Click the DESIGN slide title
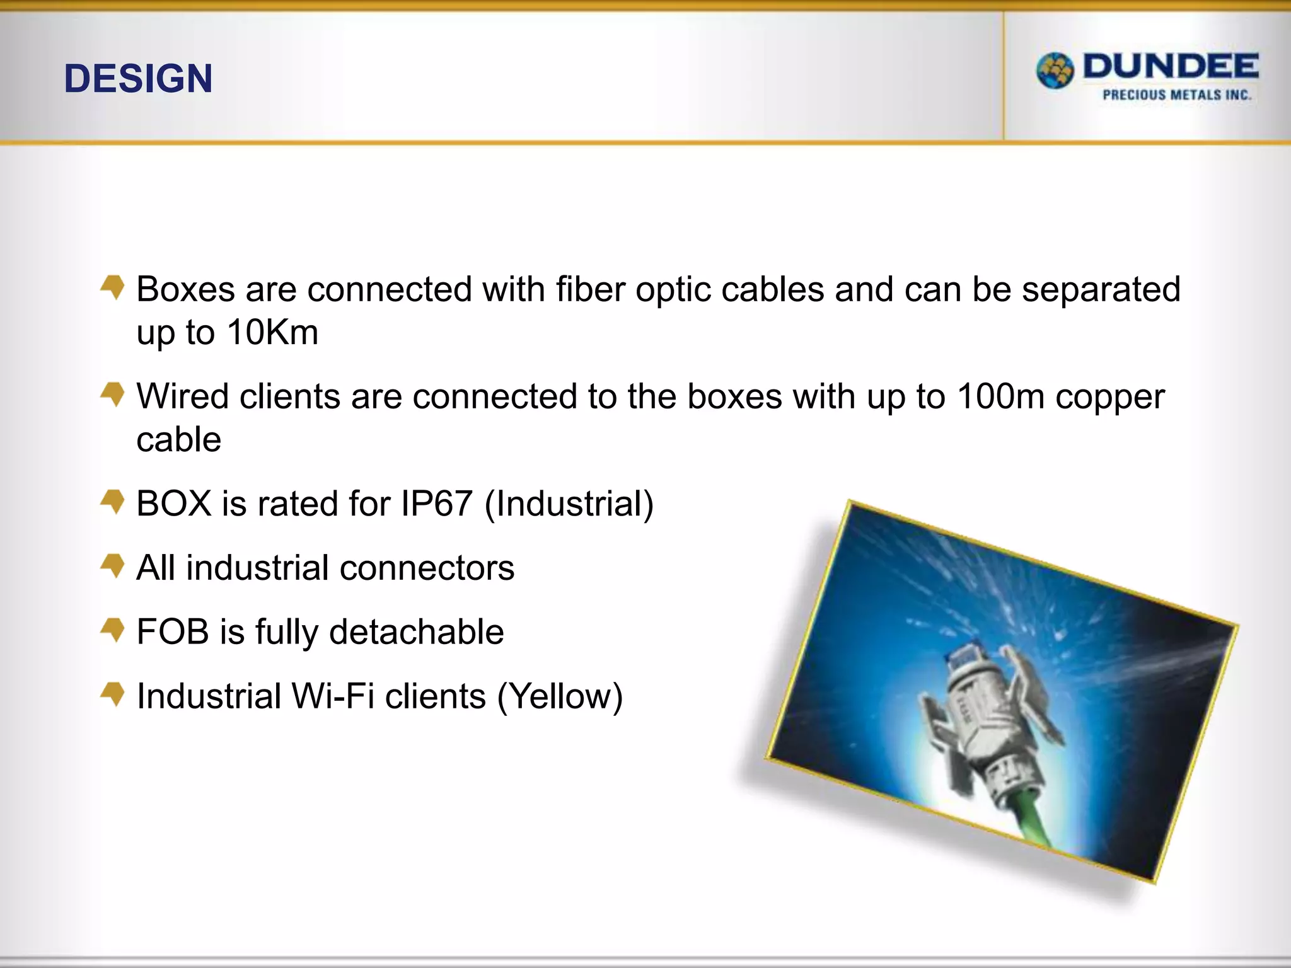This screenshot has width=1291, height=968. [x=138, y=79]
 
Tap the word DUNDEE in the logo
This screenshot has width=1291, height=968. [x=1171, y=67]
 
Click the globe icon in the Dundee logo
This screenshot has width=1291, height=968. [x=1055, y=71]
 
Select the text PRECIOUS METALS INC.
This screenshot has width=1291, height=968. [x=1176, y=95]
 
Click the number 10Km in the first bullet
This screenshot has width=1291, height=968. [x=272, y=332]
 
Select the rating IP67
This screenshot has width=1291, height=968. [x=436, y=504]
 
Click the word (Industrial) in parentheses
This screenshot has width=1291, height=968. [x=569, y=504]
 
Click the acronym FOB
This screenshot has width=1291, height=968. [x=172, y=631]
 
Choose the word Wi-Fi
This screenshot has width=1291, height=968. [x=332, y=696]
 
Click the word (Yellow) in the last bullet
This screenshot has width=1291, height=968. [x=560, y=697]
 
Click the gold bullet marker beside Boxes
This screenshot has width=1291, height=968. [x=113, y=287]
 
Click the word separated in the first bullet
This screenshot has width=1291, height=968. [x=1101, y=289]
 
